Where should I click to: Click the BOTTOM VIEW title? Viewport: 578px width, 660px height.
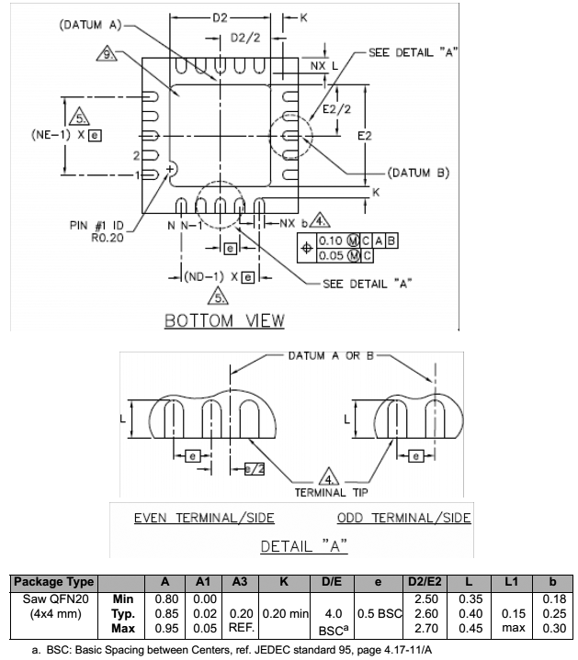tap(224, 320)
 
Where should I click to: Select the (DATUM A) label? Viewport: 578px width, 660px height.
tap(89, 26)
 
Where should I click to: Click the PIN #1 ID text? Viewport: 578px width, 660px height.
tap(98, 224)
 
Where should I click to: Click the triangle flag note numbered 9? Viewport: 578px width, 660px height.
tap(108, 54)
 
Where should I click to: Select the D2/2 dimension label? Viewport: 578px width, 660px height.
tap(244, 37)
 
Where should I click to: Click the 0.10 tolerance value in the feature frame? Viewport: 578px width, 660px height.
tap(329, 241)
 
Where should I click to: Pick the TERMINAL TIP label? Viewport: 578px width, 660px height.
tap(332, 493)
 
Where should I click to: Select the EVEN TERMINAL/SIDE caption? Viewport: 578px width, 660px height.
tap(204, 518)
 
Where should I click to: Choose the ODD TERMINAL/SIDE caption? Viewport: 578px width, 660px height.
tap(403, 518)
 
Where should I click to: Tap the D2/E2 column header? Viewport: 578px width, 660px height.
tap(425, 582)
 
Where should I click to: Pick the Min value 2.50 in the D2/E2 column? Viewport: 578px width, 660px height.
tap(425, 598)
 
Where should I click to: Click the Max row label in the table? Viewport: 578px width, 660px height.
tap(122, 628)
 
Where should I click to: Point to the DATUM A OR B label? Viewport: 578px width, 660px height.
tap(327, 355)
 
